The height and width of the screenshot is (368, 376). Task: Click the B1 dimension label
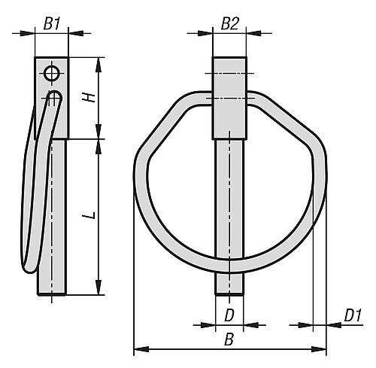click(x=52, y=24)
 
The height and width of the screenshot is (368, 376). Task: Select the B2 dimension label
click(x=230, y=24)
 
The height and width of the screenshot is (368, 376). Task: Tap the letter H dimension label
click(x=89, y=98)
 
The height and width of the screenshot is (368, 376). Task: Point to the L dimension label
click(x=89, y=215)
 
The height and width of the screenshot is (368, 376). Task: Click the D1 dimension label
click(x=353, y=315)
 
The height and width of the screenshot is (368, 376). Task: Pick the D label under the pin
click(x=229, y=315)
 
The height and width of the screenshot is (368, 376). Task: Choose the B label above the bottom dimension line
click(x=229, y=339)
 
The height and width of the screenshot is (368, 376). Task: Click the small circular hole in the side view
click(x=52, y=74)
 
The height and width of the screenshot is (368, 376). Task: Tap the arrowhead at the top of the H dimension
click(x=99, y=65)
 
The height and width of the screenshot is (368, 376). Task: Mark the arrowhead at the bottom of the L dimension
click(x=99, y=287)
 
